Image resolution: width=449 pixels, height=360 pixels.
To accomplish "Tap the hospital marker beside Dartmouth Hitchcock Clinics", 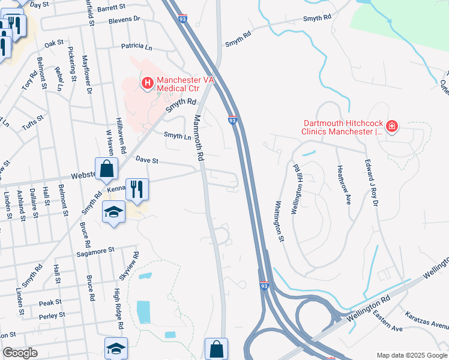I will (x=392, y=126).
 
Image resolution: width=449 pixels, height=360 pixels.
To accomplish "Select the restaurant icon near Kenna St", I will (x=137, y=189).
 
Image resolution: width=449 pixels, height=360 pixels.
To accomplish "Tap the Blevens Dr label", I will (x=124, y=19).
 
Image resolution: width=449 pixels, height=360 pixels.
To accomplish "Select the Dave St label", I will (x=146, y=160).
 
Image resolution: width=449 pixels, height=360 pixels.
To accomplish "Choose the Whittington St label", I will (x=280, y=221).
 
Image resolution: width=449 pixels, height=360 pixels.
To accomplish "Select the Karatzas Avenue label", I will (x=426, y=322).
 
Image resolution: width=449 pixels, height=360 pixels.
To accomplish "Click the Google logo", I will (x=20, y=353).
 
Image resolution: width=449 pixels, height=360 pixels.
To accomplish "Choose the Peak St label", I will (x=50, y=302).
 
